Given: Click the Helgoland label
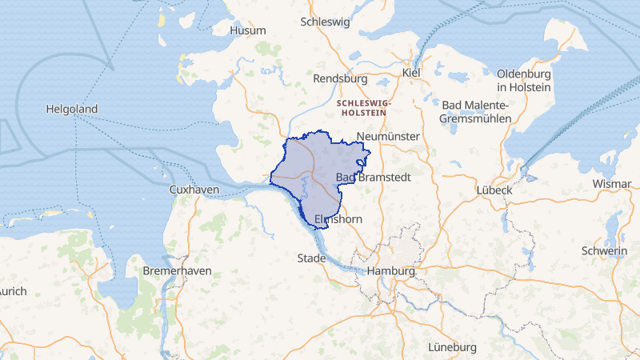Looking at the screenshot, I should click(x=72, y=109).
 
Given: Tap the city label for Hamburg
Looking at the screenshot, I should click(x=391, y=271).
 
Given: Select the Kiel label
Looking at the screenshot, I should click(x=411, y=73).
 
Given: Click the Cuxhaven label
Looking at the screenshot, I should click(x=194, y=190).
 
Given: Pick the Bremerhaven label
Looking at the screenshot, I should click(x=177, y=270).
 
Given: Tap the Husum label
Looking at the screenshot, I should click(x=247, y=30).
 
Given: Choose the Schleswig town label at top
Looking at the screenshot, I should click(x=325, y=22).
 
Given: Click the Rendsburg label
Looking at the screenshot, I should click(x=340, y=79).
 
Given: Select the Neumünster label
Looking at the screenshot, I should click(x=390, y=137).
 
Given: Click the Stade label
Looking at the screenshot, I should click(x=311, y=258).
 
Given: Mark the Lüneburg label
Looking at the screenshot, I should click(x=452, y=347).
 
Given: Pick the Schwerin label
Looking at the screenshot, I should click(x=606, y=251).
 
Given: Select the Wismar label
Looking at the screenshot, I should click(x=612, y=183).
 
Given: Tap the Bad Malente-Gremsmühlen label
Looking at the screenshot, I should click(x=475, y=111).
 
